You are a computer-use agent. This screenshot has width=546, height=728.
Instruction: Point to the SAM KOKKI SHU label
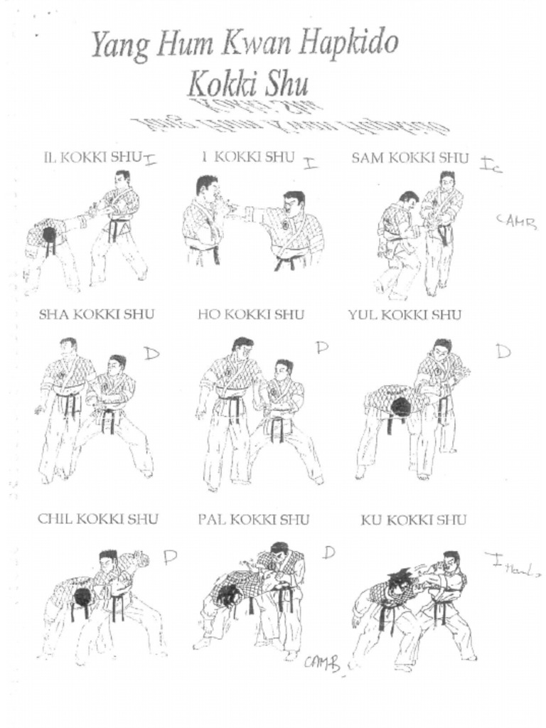coord(410,158)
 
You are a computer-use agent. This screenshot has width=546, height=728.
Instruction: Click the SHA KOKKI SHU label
coord(96,314)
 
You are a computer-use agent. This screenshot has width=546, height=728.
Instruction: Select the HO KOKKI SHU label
coord(250,314)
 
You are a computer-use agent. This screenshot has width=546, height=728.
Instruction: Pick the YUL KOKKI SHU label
coord(405,314)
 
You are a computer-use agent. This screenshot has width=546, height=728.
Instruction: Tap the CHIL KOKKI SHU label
coord(98,519)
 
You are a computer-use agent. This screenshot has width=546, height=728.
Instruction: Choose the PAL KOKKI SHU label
coord(253,520)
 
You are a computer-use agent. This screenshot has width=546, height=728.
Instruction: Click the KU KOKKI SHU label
coord(414,520)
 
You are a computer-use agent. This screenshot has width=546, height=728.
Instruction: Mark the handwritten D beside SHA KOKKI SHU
coord(151,353)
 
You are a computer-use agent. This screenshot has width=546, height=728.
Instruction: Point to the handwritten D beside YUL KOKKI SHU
coord(503,350)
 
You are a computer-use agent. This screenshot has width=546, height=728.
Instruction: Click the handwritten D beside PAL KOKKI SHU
coord(328,552)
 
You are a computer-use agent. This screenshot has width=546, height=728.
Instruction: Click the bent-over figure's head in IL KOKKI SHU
coord(48,235)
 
